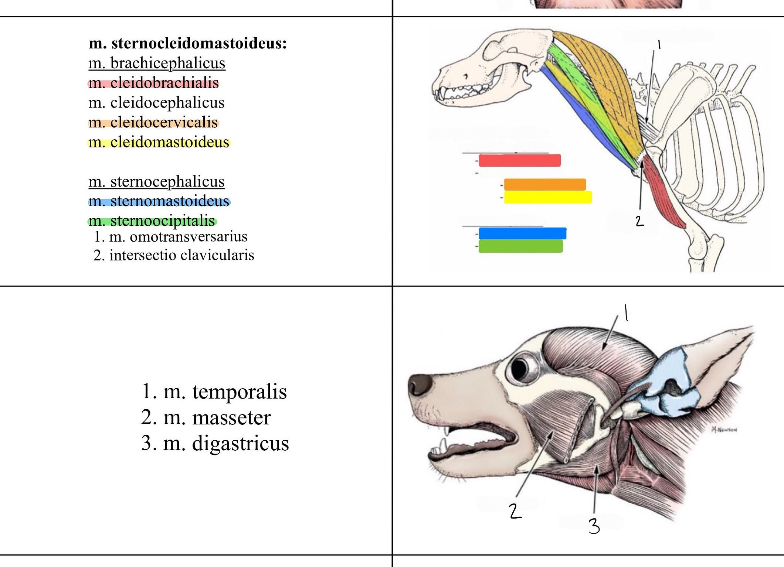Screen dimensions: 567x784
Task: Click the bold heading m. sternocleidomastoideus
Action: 187,43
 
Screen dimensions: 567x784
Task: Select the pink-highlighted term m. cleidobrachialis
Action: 153,83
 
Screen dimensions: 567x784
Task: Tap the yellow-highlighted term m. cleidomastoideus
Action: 159,142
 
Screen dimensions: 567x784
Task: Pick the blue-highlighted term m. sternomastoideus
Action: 159,201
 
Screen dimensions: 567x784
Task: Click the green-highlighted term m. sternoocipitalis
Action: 152,221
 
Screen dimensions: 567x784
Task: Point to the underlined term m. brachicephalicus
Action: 157,63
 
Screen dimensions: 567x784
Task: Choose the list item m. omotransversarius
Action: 178,236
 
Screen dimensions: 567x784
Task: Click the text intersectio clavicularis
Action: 181,255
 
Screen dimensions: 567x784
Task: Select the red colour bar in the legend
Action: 519,160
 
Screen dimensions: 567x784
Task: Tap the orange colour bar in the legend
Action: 544,184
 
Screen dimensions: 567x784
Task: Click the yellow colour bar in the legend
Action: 547,197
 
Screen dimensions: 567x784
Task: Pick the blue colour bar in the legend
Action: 522,233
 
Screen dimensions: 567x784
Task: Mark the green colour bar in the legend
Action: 520,246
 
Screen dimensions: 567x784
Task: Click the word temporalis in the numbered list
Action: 239,392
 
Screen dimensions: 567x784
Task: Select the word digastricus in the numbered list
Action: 240,443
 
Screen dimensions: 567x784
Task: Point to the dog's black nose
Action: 420,385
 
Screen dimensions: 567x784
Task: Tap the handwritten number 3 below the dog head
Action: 594,526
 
